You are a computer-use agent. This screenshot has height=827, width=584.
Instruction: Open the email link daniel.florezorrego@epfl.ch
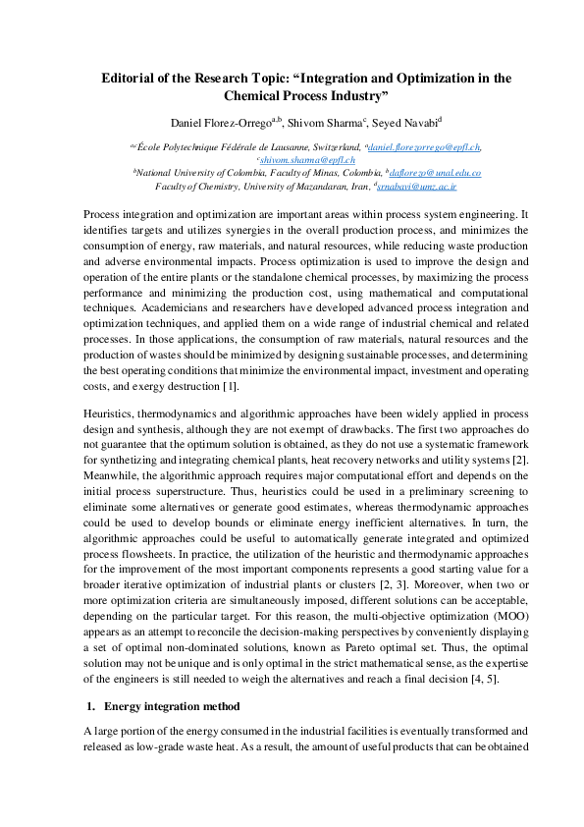click(424, 146)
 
